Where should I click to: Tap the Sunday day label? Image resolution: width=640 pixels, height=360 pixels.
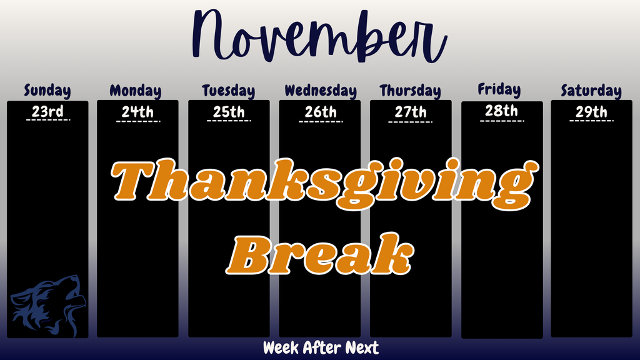click(x=47, y=91)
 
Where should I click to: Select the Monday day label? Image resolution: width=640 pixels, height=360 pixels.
click(x=136, y=91)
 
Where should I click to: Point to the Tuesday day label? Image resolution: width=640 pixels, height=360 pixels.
click(x=229, y=91)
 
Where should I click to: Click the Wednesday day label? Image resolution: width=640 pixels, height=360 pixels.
click(x=321, y=91)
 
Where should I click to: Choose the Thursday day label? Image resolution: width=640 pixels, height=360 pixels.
click(x=410, y=91)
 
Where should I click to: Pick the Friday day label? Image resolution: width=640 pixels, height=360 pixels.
click(x=499, y=89)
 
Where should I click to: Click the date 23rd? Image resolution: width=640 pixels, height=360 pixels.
click(x=47, y=112)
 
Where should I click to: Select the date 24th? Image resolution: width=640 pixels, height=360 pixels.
click(x=137, y=112)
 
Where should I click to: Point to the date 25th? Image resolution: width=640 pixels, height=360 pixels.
click(x=229, y=112)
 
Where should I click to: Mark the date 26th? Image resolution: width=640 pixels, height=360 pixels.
click(x=321, y=112)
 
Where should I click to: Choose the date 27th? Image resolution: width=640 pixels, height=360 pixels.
click(x=411, y=112)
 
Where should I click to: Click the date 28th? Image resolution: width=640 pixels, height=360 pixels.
click(x=502, y=111)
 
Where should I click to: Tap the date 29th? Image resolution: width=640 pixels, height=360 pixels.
click(x=591, y=112)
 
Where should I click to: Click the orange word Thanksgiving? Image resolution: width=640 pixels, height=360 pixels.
click(x=320, y=181)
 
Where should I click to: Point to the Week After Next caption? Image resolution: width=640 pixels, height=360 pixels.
click(x=321, y=347)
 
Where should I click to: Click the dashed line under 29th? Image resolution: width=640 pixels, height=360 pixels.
click(x=591, y=121)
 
